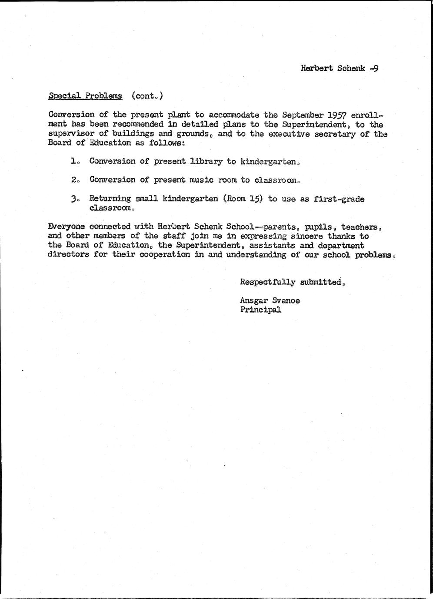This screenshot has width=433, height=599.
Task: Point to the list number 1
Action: click(73, 161)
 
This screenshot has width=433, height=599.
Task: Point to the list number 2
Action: click(73, 180)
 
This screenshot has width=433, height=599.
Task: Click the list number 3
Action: click(73, 199)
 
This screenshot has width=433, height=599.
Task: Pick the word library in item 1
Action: click(206, 161)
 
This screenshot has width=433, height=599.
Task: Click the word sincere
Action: click(307, 236)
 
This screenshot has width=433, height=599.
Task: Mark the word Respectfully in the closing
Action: click(265, 282)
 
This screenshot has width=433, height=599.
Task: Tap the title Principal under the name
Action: click(260, 310)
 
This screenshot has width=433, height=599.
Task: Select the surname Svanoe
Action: click(286, 300)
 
